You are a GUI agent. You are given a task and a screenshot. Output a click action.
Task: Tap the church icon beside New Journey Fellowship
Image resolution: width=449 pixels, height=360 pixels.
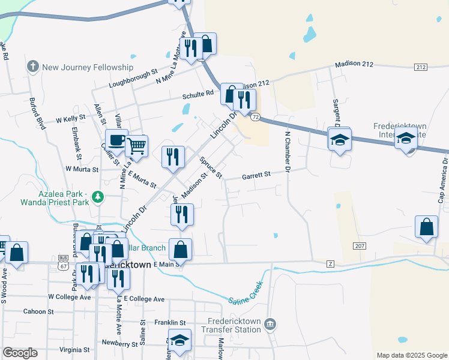click(34, 67)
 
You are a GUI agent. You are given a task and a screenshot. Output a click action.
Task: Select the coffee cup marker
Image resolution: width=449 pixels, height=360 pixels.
click(116, 141)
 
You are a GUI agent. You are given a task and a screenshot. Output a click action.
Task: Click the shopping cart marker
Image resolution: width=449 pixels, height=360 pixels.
click(137, 145)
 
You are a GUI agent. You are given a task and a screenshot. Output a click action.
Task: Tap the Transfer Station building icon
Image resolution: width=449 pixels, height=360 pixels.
click(271, 325)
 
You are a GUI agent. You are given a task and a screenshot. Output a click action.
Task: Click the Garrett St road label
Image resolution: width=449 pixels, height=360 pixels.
click(256, 175)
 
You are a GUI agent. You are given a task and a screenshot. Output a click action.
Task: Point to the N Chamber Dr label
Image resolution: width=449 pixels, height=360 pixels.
click(288, 152)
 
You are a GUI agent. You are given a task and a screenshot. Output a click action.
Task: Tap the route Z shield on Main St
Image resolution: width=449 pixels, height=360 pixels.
click(330, 263)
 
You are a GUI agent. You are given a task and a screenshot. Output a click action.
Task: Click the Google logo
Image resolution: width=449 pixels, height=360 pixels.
click(20, 352)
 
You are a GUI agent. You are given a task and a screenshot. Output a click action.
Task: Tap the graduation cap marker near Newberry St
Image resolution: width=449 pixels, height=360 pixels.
click(179, 340)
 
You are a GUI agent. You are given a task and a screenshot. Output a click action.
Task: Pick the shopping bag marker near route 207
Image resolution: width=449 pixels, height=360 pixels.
click(426, 227)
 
